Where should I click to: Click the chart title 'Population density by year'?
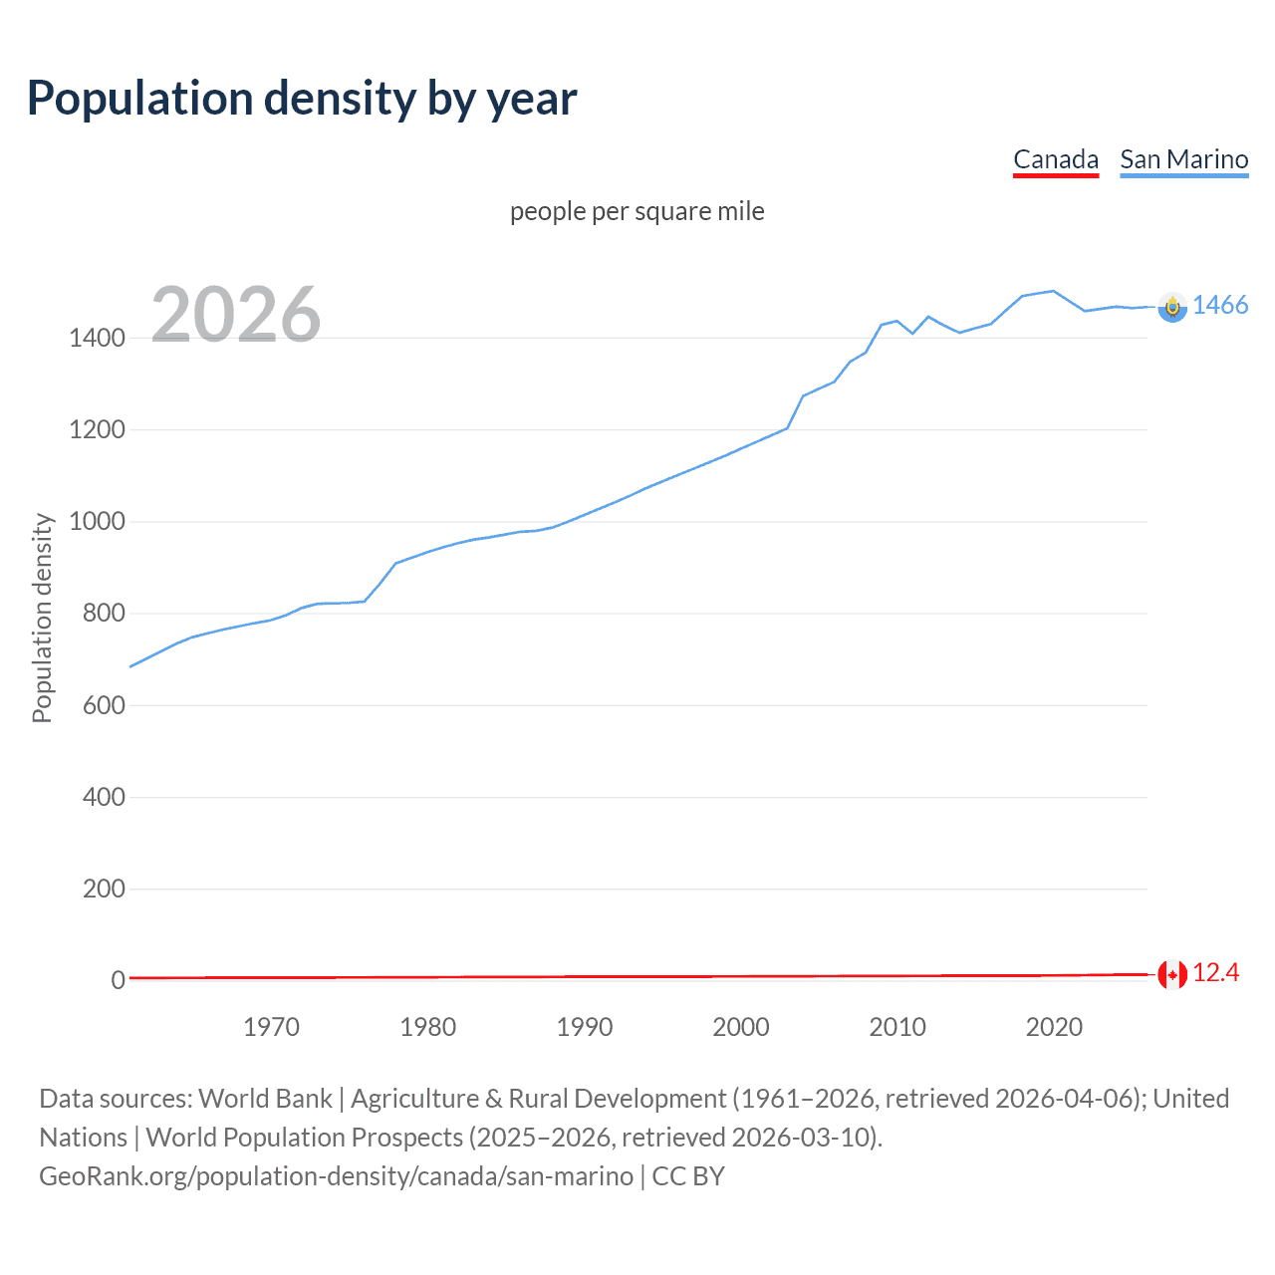click(x=302, y=98)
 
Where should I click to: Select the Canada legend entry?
click(x=1055, y=159)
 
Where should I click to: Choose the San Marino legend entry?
click(x=1183, y=159)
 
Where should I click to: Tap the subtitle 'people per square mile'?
click(x=637, y=211)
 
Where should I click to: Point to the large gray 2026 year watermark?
click(x=236, y=315)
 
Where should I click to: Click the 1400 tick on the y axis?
click(x=97, y=338)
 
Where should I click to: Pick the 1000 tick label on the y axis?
click(x=97, y=522)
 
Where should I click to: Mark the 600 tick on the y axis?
click(x=104, y=705)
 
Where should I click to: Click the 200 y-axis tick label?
click(x=104, y=889)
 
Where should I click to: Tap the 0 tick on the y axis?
click(x=118, y=980)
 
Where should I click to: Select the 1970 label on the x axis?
click(x=271, y=1027)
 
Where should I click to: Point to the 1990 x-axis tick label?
click(x=585, y=1027)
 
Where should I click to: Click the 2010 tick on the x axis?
click(x=897, y=1027)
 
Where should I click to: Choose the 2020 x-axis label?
click(x=1054, y=1027)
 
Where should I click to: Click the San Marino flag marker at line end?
click(x=1172, y=307)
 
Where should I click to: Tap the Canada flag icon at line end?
click(x=1172, y=974)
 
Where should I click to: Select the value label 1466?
click(x=1220, y=306)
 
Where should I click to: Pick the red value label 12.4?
click(x=1215, y=973)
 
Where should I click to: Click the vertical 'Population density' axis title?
click(x=42, y=618)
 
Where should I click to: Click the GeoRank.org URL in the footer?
click(x=336, y=1176)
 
